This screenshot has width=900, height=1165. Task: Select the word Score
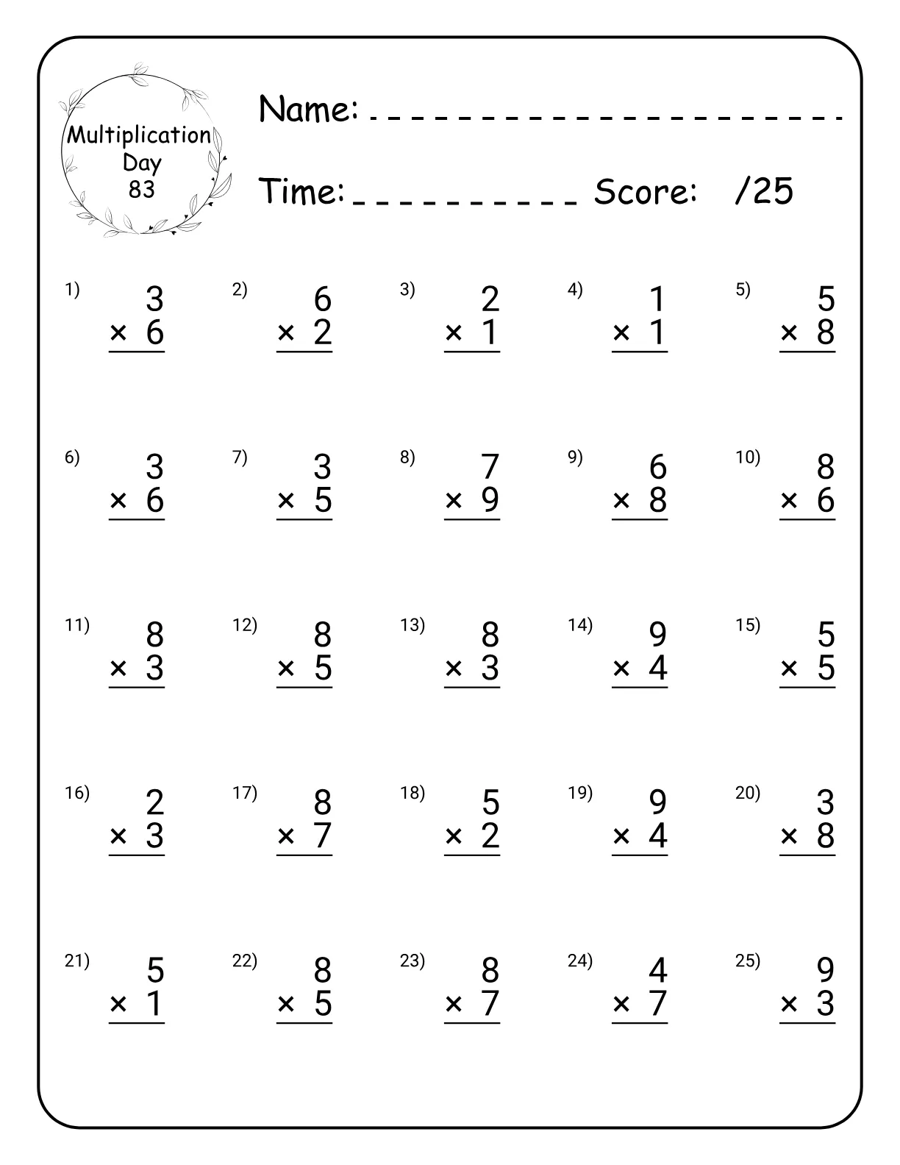click(645, 192)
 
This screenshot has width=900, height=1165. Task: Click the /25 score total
click(764, 191)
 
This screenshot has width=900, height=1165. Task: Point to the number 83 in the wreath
click(142, 190)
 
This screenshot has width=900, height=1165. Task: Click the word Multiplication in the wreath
click(139, 135)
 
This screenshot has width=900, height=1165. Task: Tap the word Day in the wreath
click(142, 163)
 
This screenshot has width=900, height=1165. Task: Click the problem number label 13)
click(413, 625)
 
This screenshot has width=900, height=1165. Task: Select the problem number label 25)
click(748, 961)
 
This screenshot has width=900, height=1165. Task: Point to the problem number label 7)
click(240, 457)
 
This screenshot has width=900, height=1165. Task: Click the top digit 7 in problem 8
click(490, 466)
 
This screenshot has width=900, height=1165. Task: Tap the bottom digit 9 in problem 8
click(490, 500)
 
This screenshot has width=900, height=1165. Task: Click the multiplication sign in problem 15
click(789, 669)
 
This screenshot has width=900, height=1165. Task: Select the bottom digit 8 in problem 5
click(826, 332)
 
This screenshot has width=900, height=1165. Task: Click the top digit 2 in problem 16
click(154, 802)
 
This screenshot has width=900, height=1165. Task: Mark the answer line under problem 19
click(639, 855)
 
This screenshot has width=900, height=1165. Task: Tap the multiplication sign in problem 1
click(118, 333)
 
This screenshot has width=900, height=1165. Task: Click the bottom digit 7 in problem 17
click(322, 836)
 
